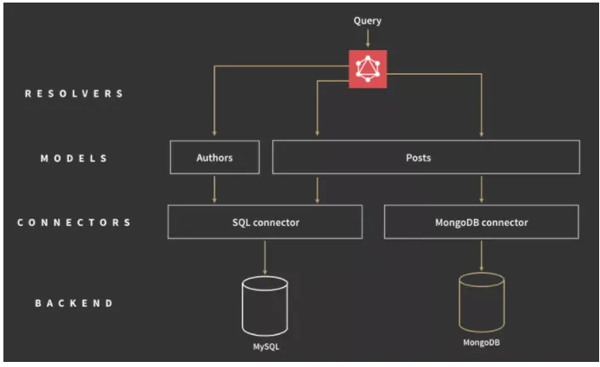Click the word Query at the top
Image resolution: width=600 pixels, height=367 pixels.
click(x=368, y=20)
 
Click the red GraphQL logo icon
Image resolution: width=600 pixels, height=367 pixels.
click(x=368, y=69)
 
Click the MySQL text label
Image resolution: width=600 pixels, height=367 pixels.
click(x=266, y=347)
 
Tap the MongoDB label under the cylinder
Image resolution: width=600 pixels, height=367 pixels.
click(x=482, y=342)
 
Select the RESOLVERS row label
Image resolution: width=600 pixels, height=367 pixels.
click(x=74, y=93)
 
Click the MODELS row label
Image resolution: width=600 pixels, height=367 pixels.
click(x=74, y=158)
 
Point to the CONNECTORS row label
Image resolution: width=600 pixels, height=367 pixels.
click(x=74, y=223)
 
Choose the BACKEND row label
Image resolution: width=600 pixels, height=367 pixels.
click(x=74, y=303)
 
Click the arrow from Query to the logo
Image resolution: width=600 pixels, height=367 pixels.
click(x=368, y=38)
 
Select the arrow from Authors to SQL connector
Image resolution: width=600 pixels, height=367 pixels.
click(x=214, y=189)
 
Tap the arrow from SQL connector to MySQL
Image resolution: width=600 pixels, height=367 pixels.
click(x=265, y=257)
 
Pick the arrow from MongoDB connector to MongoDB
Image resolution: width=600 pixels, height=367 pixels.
click(x=482, y=256)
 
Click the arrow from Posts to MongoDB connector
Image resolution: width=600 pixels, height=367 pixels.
click(x=482, y=189)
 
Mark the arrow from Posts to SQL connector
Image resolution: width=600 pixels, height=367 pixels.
click(x=317, y=190)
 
